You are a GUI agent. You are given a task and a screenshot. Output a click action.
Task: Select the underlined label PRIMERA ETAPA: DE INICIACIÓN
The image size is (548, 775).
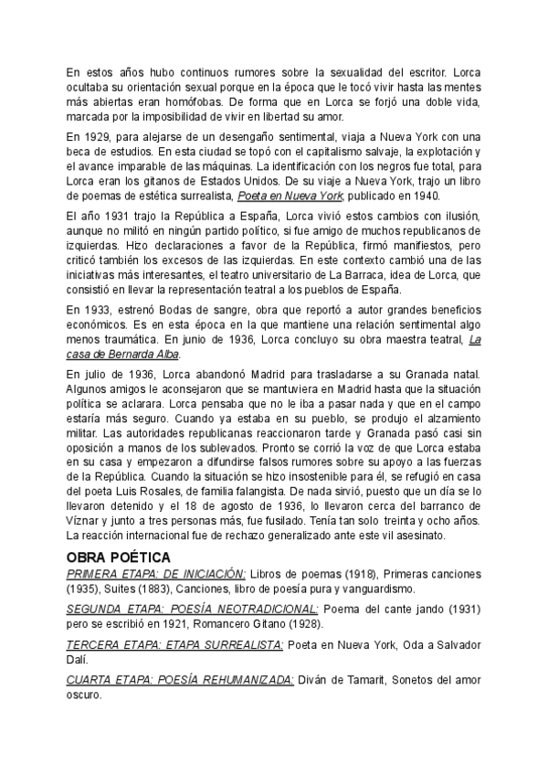click(156, 572)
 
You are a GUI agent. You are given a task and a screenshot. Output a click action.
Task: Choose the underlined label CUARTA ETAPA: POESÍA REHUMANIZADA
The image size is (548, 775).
click(181, 681)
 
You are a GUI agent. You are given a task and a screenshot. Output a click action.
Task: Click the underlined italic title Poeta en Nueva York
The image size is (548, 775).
click(290, 196)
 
